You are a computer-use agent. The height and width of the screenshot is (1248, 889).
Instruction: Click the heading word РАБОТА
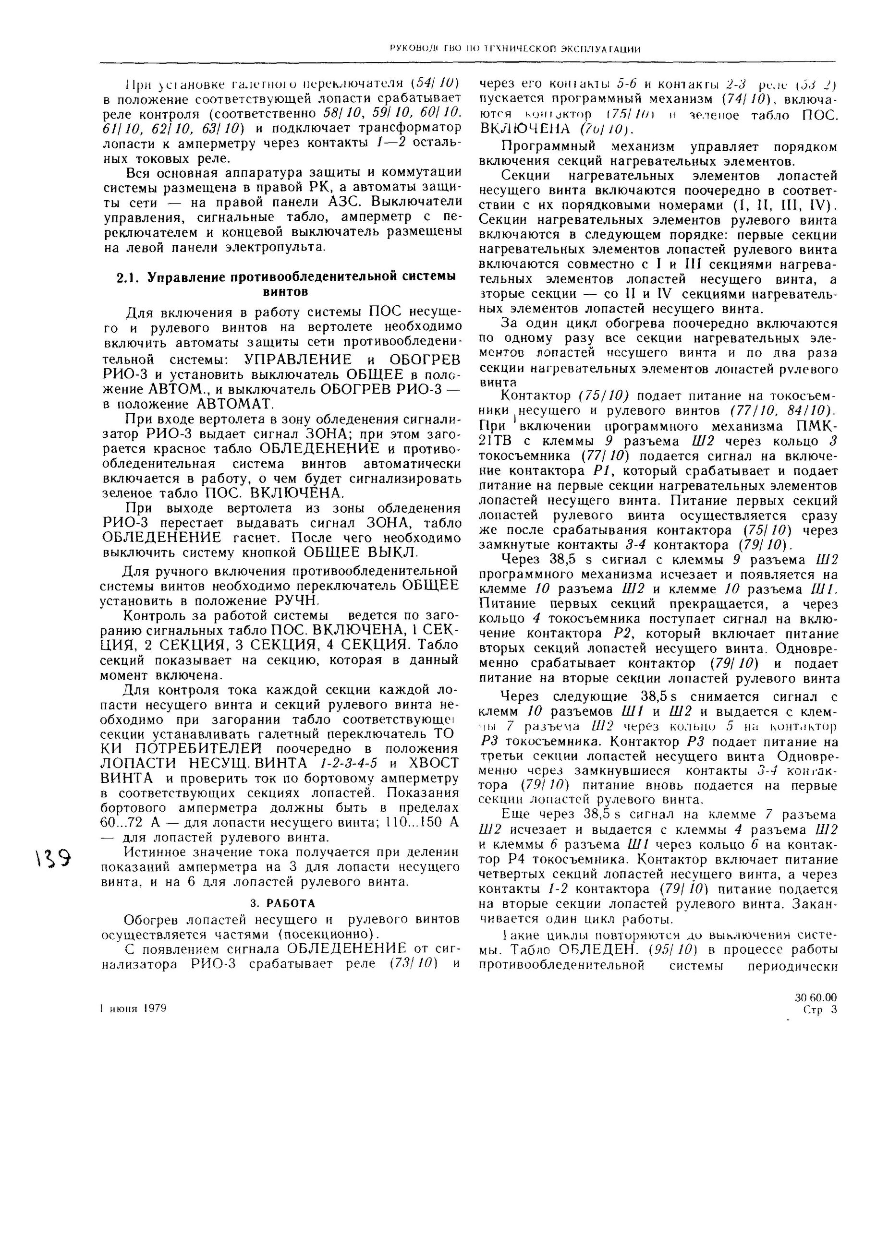(x=292, y=903)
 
